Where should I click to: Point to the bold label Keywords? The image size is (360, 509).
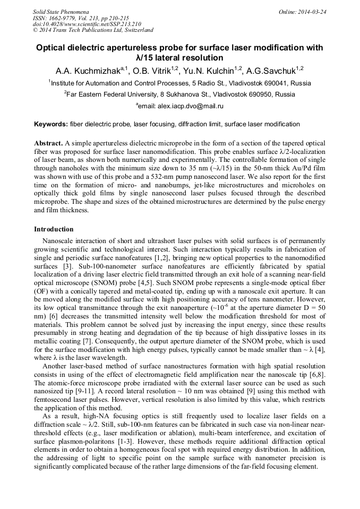pyautogui.click(x=51, y=124)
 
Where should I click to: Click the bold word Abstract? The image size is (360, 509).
pyautogui.click(x=48, y=144)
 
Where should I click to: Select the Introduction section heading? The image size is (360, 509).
pyautogui.click(x=54, y=230)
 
